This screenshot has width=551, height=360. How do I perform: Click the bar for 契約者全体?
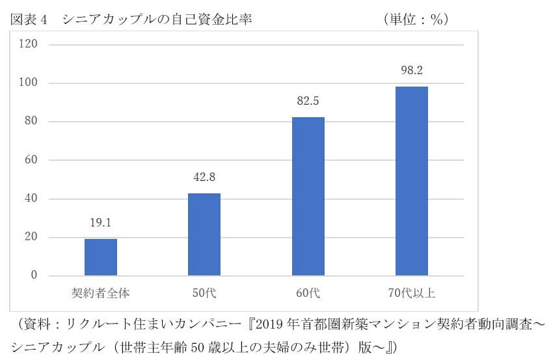101,257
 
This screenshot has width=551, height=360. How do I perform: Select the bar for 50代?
204,234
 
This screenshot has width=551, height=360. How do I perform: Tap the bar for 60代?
308,196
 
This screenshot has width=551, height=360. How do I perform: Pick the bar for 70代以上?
412,181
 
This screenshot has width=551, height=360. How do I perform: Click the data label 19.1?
101,223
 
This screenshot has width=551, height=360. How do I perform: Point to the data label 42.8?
204,177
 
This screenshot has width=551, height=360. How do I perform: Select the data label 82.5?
308,101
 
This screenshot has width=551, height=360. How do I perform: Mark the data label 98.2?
412,70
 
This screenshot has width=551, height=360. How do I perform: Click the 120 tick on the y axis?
30,44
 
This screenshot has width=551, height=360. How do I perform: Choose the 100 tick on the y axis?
30,83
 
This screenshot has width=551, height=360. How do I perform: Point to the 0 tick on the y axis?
34,276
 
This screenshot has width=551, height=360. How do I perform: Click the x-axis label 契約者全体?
101,294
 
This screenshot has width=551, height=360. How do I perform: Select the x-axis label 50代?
204,294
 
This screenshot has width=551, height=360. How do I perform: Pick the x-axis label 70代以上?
412,294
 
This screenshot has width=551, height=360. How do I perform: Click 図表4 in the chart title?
30,20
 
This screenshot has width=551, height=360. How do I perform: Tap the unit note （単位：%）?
416,20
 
